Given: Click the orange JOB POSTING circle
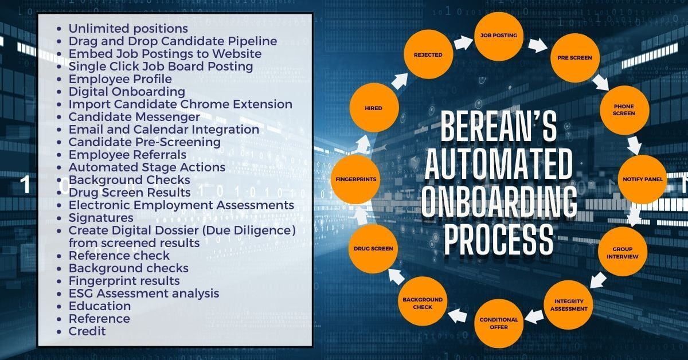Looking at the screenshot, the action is pyautogui.click(x=499, y=36).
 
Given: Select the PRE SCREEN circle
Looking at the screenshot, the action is pyautogui.click(x=574, y=58).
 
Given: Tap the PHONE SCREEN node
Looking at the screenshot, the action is pyautogui.click(x=624, y=110).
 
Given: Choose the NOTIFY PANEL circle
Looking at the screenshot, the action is pyautogui.click(x=643, y=179).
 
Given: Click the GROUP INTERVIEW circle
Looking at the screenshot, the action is pyautogui.click(x=623, y=252).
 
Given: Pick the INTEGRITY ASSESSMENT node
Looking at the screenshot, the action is pyautogui.click(x=569, y=305).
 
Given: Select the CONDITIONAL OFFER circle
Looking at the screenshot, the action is pyautogui.click(x=499, y=323).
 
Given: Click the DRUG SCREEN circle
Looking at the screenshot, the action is pyautogui.click(x=373, y=248).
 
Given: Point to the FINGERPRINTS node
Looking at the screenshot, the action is pyautogui.click(x=355, y=179).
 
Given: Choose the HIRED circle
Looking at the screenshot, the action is pyautogui.click(x=374, y=108).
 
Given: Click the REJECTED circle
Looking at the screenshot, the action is pyautogui.click(x=428, y=54).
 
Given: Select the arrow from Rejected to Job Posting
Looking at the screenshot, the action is pyautogui.click(x=463, y=42).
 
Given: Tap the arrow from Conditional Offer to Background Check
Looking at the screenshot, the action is pyautogui.click(x=458, y=315).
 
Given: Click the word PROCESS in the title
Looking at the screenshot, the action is pyautogui.click(x=498, y=239).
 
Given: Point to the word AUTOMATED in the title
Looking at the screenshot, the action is pyautogui.click(x=499, y=164).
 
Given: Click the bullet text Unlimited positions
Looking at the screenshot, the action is pyautogui.click(x=128, y=29).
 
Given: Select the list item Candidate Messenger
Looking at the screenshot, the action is pyautogui.click(x=134, y=117).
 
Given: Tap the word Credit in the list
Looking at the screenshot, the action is pyautogui.click(x=87, y=331).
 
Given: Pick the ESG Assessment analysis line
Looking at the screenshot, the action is pyautogui.click(x=144, y=294).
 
